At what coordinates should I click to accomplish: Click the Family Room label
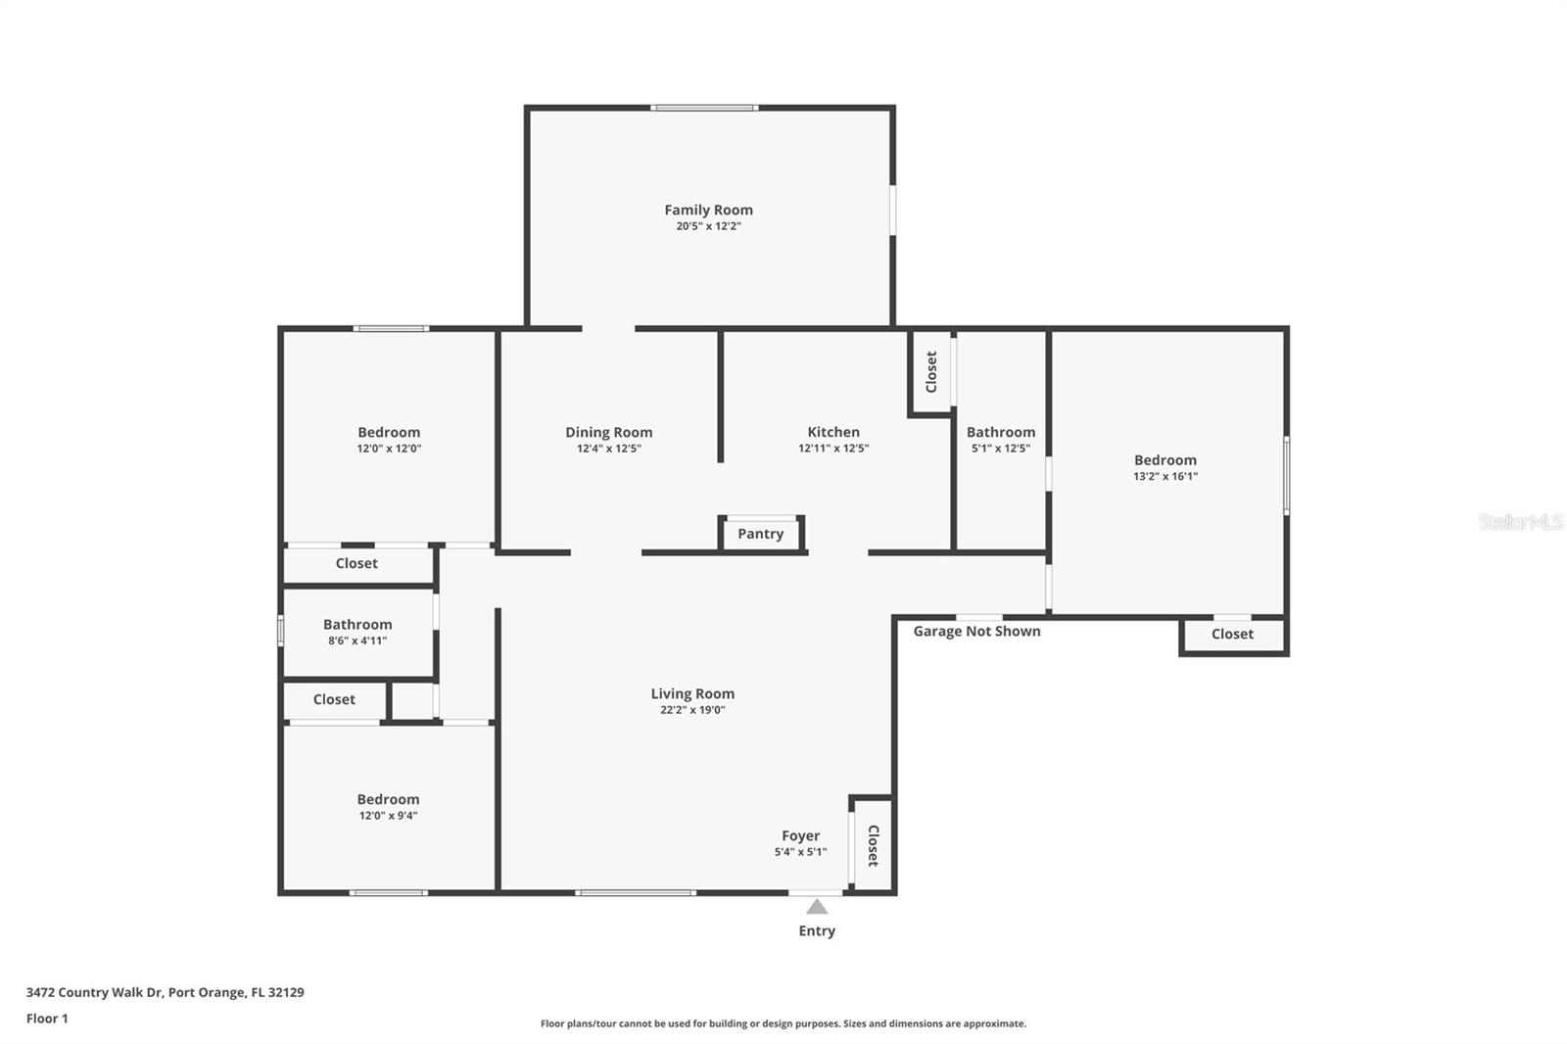click(708, 210)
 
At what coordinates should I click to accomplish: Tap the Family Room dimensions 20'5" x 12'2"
click(708, 226)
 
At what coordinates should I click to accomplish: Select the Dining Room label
click(608, 433)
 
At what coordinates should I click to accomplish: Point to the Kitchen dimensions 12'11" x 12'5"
click(833, 449)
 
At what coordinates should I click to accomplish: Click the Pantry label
click(760, 534)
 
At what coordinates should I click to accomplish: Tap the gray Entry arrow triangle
click(817, 907)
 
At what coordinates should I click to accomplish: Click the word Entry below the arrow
click(817, 930)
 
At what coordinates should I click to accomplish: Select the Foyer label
click(800, 836)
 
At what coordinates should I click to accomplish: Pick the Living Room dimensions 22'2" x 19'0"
click(692, 710)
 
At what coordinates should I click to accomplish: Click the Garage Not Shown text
click(976, 631)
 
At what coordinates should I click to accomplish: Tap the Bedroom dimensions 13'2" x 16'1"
click(1165, 477)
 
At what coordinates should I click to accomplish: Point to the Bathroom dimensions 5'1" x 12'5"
click(1000, 449)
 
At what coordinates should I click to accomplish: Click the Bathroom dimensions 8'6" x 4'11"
click(357, 641)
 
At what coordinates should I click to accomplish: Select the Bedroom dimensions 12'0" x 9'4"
click(388, 816)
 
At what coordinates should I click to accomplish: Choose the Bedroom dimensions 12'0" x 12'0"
click(389, 449)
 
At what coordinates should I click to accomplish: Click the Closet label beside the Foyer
click(873, 846)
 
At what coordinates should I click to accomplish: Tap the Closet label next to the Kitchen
click(931, 371)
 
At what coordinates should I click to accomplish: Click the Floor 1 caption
click(47, 1019)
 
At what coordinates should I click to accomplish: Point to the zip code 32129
click(286, 992)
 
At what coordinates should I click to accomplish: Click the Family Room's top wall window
click(704, 108)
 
